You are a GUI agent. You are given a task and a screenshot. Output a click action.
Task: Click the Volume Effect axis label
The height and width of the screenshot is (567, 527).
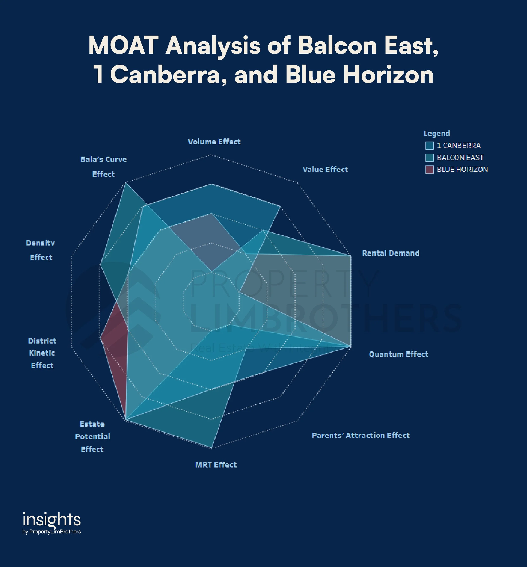click(214, 142)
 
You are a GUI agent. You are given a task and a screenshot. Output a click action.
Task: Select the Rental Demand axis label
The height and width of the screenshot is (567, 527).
click(390, 253)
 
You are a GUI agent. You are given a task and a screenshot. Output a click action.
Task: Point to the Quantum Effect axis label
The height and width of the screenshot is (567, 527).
click(398, 354)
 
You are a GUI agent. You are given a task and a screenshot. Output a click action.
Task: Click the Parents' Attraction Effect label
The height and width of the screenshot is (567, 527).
click(360, 435)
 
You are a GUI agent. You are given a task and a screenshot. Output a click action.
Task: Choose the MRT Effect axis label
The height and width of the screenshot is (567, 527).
click(216, 465)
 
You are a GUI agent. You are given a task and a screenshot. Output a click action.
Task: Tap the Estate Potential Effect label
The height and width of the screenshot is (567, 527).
click(92, 436)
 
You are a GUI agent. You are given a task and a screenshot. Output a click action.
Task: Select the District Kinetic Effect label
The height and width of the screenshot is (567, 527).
click(42, 353)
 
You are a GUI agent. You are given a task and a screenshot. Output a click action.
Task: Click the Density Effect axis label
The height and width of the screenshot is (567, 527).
click(41, 250)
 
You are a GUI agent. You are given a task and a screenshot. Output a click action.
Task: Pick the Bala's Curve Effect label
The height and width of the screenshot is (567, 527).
click(104, 167)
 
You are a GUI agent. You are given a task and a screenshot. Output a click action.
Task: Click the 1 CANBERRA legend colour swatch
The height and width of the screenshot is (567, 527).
click(429, 146)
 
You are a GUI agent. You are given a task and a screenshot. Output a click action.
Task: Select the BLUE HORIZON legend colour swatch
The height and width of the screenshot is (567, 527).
click(429, 170)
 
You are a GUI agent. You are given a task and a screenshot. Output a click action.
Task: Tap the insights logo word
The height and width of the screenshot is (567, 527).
click(52, 520)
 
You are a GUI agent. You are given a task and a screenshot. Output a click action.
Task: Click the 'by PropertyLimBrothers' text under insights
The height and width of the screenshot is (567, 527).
click(52, 532)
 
